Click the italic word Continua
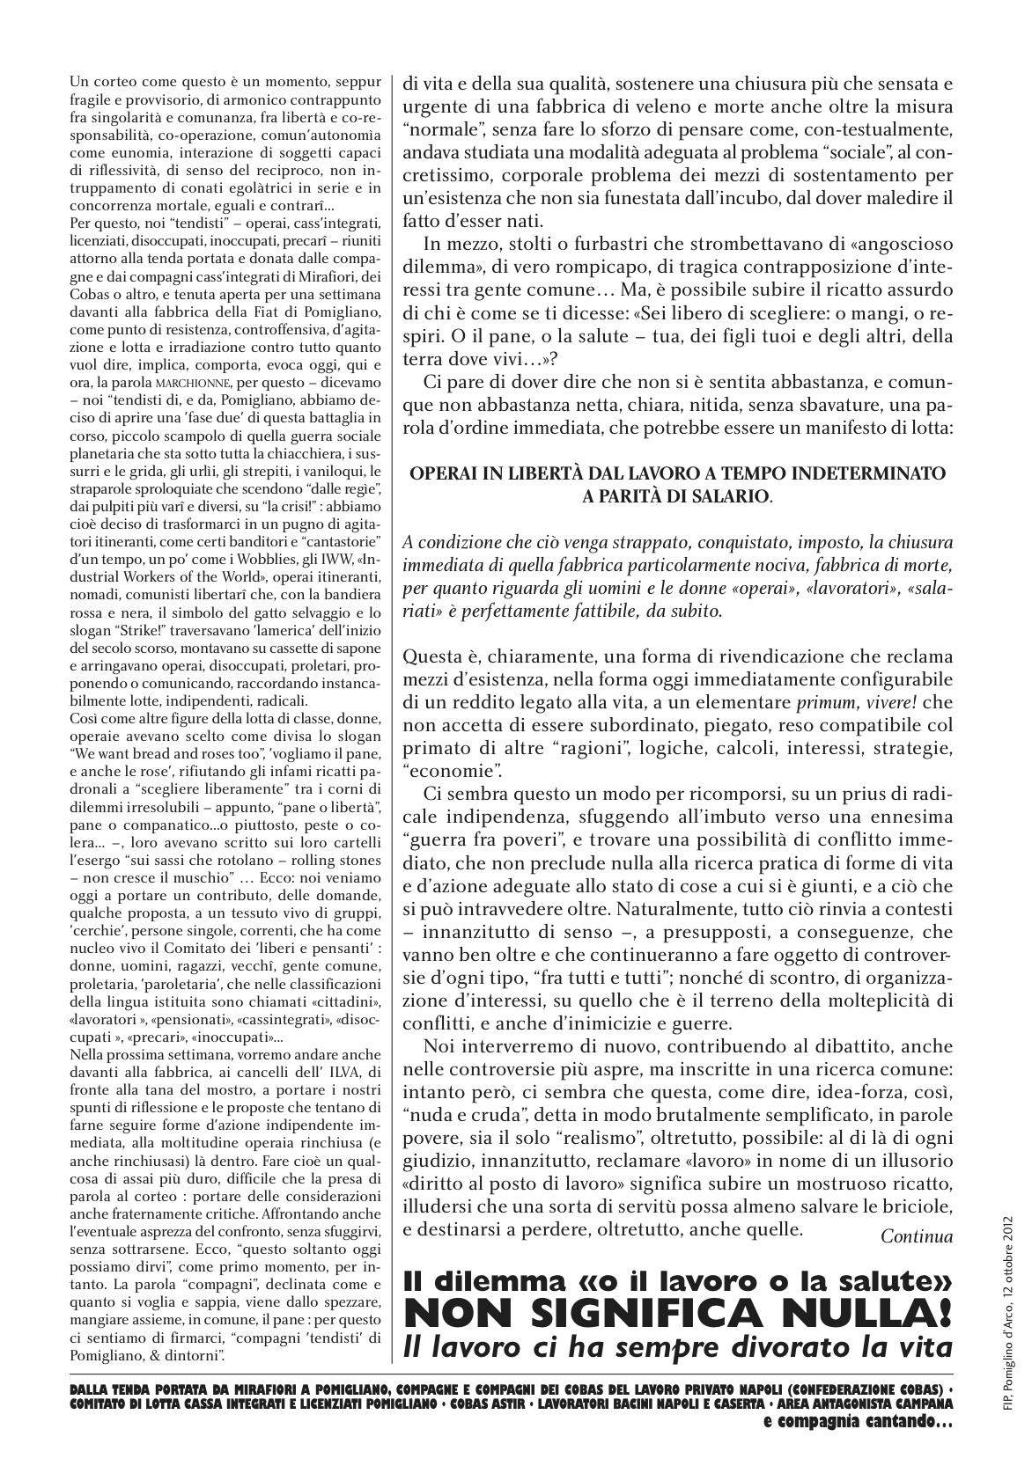tap(917, 1236)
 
